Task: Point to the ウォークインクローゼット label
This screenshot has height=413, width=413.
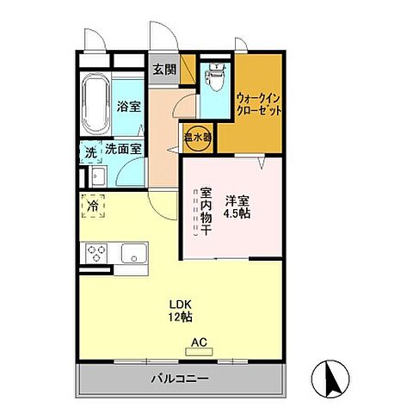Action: (x=258, y=104)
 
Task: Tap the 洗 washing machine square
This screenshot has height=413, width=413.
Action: (x=90, y=152)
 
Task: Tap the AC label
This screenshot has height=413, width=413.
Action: (x=199, y=342)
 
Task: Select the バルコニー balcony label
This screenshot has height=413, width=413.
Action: (x=181, y=378)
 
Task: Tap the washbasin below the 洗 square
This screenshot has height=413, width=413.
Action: (x=96, y=178)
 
